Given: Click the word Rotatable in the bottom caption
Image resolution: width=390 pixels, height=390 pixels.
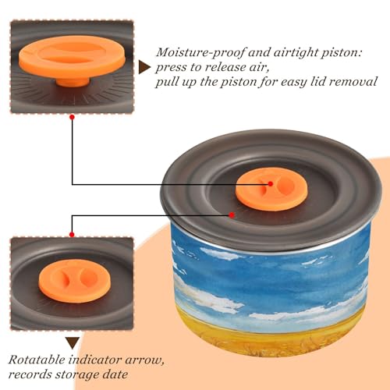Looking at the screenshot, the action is click(x=37, y=360).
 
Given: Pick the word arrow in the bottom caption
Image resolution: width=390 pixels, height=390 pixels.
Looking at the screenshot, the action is click(x=144, y=361).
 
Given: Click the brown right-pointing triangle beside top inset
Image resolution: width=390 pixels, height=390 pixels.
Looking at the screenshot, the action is click(x=144, y=68).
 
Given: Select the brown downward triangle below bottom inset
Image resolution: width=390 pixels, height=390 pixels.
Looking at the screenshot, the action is click(x=73, y=343).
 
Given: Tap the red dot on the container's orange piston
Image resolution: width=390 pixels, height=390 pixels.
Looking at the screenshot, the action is click(x=271, y=184).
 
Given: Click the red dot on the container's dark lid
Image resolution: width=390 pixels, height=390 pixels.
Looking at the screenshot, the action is click(x=232, y=215).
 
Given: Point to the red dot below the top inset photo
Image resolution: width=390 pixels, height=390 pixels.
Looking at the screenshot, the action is click(x=73, y=117).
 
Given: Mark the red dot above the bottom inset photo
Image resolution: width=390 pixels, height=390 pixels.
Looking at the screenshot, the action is click(x=72, y=235).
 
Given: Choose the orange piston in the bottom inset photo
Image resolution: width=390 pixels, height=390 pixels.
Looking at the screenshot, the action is click(x=75, y=281).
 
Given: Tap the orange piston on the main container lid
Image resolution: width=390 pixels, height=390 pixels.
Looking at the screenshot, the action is click(x=271, y=189).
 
